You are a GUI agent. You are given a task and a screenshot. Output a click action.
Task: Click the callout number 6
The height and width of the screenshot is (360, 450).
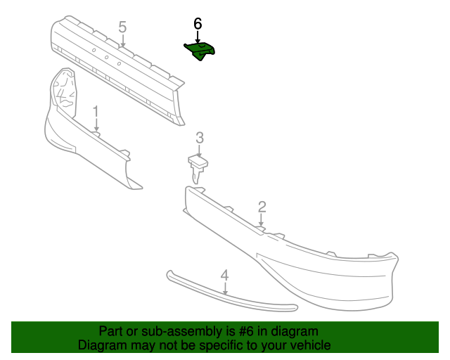[x=198, y=23]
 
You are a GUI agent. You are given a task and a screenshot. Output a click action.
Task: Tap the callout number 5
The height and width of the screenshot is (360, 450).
[x=122, y=27]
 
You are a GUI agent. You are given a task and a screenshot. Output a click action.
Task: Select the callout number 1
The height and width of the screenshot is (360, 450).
[x=96, y=111]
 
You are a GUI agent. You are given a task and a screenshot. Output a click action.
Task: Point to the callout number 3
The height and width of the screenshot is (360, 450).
[x=200, y=137]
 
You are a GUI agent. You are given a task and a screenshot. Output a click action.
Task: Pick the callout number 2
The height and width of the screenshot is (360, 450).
[x=262, y=206]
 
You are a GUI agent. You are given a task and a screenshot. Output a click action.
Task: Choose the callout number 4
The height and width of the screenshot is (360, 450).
[x=224, y=275]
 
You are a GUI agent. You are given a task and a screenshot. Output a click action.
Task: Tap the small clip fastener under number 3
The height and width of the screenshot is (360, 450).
[x=199, y=168]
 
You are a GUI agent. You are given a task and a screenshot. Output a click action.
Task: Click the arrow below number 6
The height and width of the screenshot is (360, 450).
[x=198, y=37]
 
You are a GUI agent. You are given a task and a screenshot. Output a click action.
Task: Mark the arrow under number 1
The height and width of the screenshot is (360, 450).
[x=96, y=124]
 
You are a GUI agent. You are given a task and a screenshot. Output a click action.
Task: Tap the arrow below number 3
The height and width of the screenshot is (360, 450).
[x=200, y=150]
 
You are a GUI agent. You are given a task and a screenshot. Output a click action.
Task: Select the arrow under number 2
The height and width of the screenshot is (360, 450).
[x=262, y=219]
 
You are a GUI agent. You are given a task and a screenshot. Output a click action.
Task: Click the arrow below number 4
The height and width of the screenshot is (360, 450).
[x=224, y=288]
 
